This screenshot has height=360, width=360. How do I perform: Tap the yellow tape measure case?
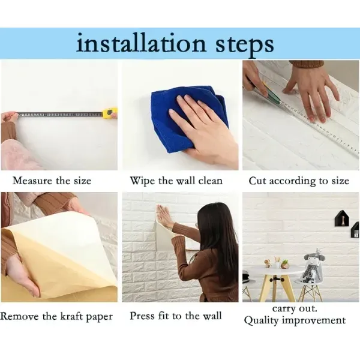[x=111, y=112]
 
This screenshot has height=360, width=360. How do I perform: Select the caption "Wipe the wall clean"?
[x=176, y=181]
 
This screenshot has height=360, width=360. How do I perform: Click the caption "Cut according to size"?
[x=298, y=181]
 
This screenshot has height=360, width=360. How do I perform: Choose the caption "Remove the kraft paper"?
[x=57, y=316]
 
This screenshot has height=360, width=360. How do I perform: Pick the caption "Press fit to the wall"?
[x=176, y=316]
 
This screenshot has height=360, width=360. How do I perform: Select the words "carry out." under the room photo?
[x=295, y=308]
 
